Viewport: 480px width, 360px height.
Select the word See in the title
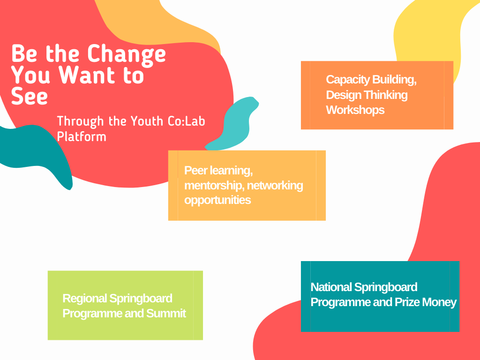pyautogui.click(x=30, y=96)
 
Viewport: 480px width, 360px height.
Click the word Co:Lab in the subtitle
pyautogui.click(x=187, y=121)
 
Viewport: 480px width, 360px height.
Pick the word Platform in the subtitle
pyautogui.click(x=82, y=136)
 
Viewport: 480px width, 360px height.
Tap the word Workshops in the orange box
pyautogui.click(x=355, y=110)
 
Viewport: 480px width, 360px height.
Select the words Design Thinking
pyautogui.click(x=367, y=95)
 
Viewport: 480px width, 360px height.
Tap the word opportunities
pyautogui.click(x=217, y=200)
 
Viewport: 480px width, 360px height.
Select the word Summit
pyautogui.click(x=166, y=314)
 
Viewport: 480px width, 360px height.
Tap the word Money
pyautogui.click(x=439, y=302)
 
